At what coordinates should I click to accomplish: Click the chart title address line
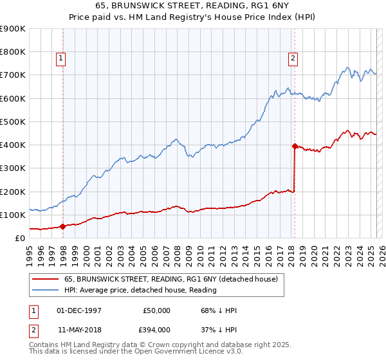click(192, 6)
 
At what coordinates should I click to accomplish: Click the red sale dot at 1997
click(62, 226)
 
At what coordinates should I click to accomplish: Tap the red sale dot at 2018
click(295, 146)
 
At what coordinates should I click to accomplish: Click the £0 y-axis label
click(19, 238)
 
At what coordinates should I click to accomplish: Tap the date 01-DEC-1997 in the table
click(79, 310)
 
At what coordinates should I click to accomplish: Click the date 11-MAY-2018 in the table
click(79, 329)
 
